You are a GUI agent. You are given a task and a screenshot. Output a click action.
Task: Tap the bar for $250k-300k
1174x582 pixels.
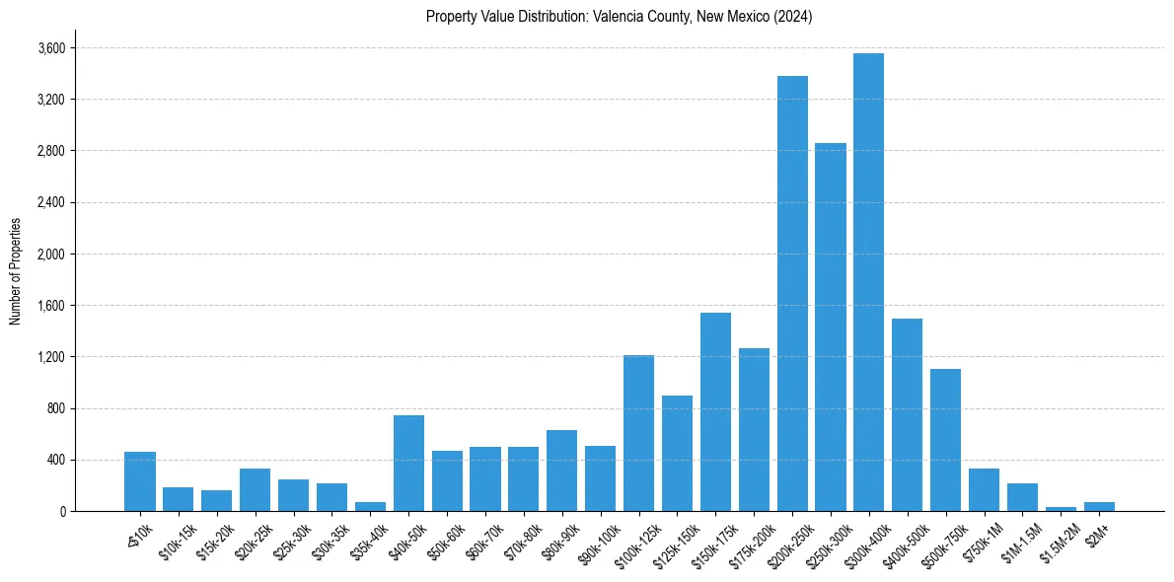point(831,327)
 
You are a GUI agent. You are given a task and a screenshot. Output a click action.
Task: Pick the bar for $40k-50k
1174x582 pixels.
point(408,463)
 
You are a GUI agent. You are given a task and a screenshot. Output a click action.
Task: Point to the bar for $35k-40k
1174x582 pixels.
point(370,506)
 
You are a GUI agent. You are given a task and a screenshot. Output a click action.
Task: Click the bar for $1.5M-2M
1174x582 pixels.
point(1061,508)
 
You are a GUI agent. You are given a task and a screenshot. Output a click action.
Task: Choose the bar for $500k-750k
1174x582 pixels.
point(945,440)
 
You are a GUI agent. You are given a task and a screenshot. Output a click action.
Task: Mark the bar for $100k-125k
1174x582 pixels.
point(638,433)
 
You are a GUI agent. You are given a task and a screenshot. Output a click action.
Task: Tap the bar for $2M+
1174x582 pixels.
point(1099,506)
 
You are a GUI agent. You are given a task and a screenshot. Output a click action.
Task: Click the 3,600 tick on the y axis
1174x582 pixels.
point(51,48)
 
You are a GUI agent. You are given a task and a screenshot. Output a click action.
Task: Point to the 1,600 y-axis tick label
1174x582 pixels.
point(51,306)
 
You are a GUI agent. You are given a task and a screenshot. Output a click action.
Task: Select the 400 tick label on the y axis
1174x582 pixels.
point(55,460)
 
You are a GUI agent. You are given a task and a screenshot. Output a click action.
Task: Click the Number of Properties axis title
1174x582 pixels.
point(16,270)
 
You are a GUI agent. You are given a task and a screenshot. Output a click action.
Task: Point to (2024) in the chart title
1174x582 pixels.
point(792,17)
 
